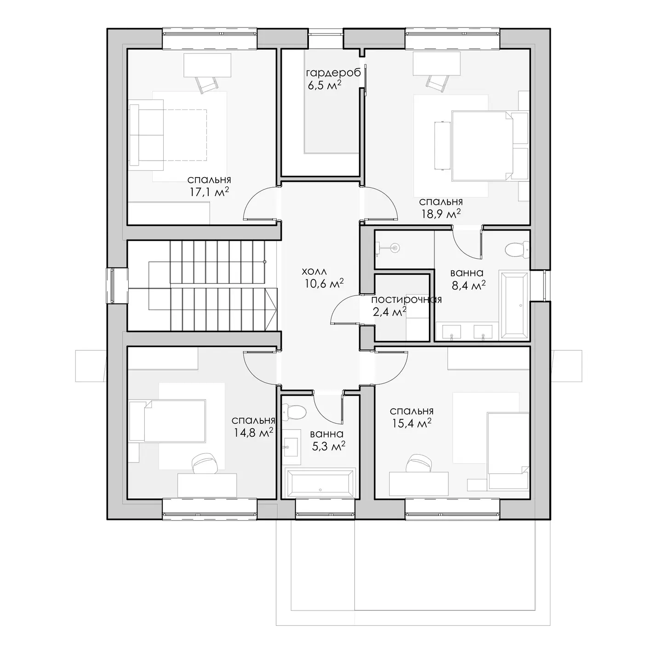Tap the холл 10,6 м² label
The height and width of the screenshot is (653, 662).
[323, 277]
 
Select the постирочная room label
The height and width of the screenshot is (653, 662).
[406, 299]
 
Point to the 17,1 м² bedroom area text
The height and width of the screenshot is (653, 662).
[209, 191]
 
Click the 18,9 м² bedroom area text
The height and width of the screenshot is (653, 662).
[441, 214]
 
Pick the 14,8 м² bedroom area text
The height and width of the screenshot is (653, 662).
[253, 432]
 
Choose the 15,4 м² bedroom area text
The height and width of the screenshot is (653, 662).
[411, 423]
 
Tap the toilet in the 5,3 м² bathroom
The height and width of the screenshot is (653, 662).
[294, 411]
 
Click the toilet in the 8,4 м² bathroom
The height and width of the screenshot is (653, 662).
[517, 249]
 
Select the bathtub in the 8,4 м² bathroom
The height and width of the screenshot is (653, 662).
[514, 305]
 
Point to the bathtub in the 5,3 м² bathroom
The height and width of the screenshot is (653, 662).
[320, 483]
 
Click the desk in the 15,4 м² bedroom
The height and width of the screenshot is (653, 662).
[418, 484]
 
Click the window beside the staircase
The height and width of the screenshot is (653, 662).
[112, 286]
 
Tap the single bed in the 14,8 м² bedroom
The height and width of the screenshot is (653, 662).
[167, 421]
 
